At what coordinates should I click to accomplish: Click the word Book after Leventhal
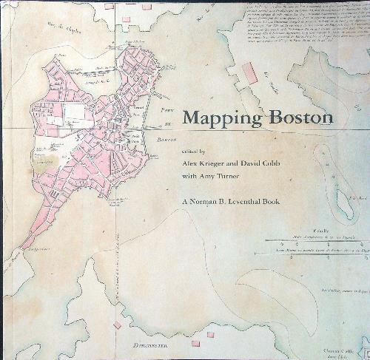(x=309, y=199)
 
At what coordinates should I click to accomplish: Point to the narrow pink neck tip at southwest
(x=26, y=243)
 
